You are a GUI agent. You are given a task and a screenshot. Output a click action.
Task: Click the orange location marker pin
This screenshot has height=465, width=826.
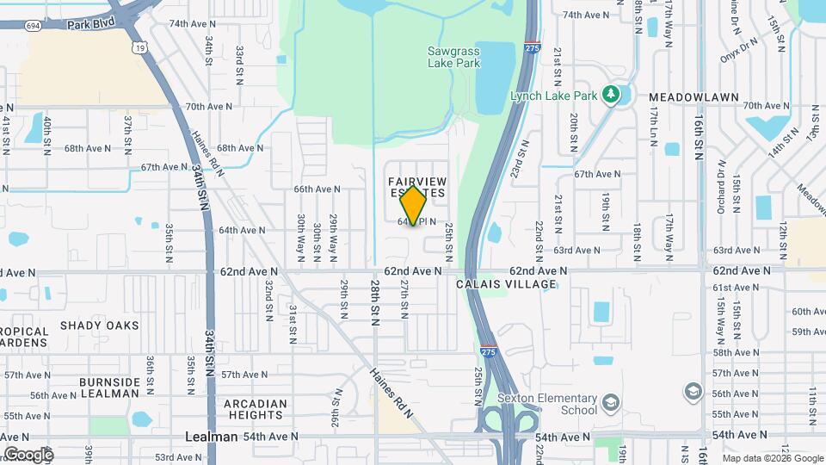[x=414, y=205]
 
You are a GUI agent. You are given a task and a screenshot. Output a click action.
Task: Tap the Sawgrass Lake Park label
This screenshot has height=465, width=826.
[x=453, y=57]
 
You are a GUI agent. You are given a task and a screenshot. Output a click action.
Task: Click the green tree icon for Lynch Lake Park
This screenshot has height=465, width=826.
[x=612, y=94]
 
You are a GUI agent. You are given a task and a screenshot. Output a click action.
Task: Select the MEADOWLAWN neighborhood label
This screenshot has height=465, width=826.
[x=693, y=97]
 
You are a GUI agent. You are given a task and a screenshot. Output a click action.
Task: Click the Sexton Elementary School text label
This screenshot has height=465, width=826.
[x=547, y=404]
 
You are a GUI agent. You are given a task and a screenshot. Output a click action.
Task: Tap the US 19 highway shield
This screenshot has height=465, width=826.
[x=139, y=48]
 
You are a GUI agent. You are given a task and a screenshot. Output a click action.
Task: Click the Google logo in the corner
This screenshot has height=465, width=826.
[x=28, y=454]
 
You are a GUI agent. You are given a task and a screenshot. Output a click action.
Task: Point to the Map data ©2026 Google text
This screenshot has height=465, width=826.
[x=772, y=458]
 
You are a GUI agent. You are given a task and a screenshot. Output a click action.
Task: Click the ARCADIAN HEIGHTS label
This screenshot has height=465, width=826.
[x=256, y=409]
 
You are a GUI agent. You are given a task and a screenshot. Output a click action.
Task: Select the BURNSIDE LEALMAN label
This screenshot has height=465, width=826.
[x=109, y=387]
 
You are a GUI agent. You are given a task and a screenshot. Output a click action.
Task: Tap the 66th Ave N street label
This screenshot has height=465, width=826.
[x=317, y=189]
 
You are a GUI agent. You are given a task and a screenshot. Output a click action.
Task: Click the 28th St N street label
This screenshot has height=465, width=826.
[x=375, y=302]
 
